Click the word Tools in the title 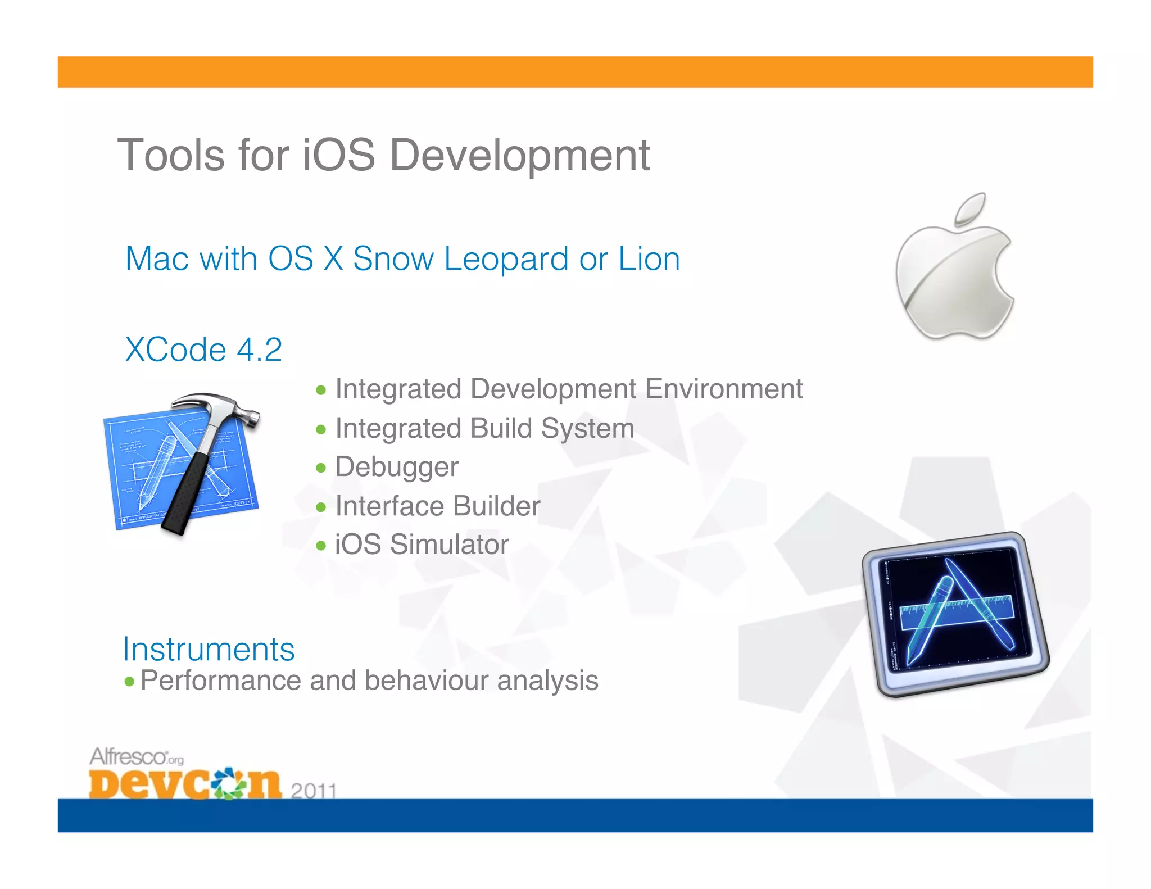coord(172,155)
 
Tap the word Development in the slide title coord(519,156)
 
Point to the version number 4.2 coord(259,350)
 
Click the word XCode coord(175,350)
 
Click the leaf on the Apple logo coord(971,207)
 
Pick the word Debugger coord(397,467)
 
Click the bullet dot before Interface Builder coord(321,507)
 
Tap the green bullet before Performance coord(130,682)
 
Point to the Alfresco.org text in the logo coord(136,757)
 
